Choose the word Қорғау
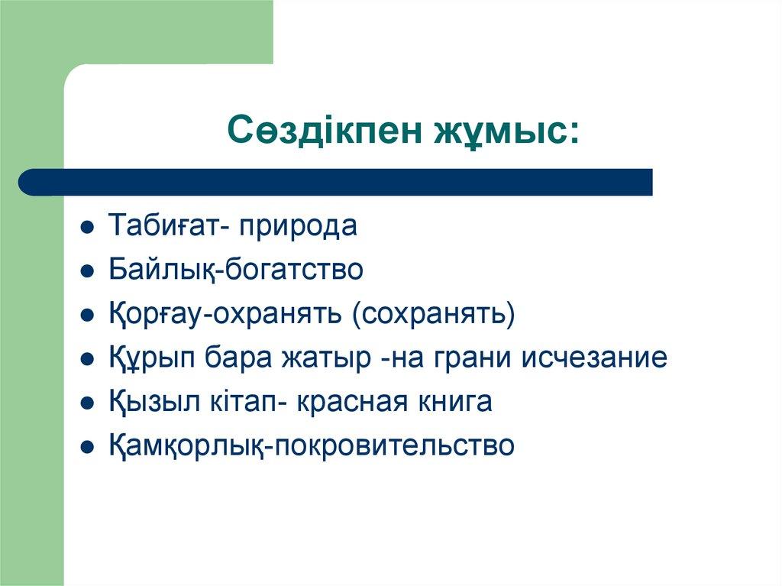coord(154,314)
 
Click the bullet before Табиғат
coord(89,228)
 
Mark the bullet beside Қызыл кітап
coord(89,403)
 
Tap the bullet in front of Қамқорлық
coord(89,447)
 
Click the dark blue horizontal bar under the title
coord(336,182)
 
